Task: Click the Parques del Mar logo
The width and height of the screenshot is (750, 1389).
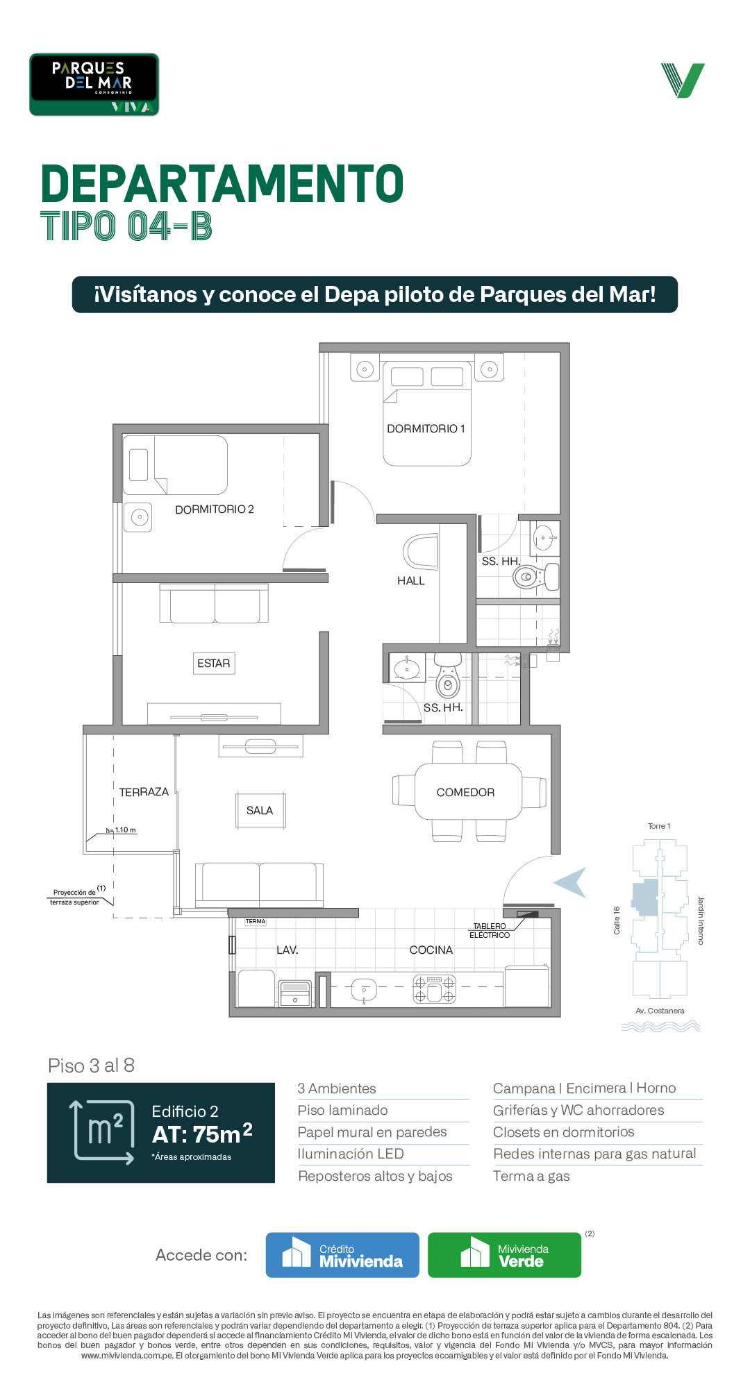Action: tap(94, 84)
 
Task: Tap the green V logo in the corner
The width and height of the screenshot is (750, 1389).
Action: tap(683, 81)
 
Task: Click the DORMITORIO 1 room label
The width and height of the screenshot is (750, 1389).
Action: tap(426, 429)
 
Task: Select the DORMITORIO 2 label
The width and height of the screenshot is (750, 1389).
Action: tap(215, 510)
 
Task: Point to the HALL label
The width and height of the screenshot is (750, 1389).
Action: tap(411, 581)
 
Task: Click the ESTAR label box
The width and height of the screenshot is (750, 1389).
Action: tap(214, 664)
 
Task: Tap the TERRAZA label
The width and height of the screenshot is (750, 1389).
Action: tap(144, 792)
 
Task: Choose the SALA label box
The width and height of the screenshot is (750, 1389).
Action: tap(260, 811)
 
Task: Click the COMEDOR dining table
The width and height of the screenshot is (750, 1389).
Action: tap(468, 791)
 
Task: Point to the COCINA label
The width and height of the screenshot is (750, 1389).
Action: tap(431, 950)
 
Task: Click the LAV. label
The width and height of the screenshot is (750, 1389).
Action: tap(287, 950)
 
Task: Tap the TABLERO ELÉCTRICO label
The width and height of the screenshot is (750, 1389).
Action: tap(490, 931)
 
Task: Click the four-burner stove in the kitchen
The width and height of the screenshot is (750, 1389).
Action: tap(435, 990)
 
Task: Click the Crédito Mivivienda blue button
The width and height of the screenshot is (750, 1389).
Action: tap(342, 1255)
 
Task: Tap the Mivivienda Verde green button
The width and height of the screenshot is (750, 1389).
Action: tap(504, 1255)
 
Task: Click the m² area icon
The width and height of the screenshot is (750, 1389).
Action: tap(102, 1132)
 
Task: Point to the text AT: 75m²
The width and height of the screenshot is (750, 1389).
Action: tap(202, 1134)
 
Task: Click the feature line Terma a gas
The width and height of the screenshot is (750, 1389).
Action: tap(531, 1176)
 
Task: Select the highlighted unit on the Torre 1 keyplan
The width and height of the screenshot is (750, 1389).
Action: tap(645, 898)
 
